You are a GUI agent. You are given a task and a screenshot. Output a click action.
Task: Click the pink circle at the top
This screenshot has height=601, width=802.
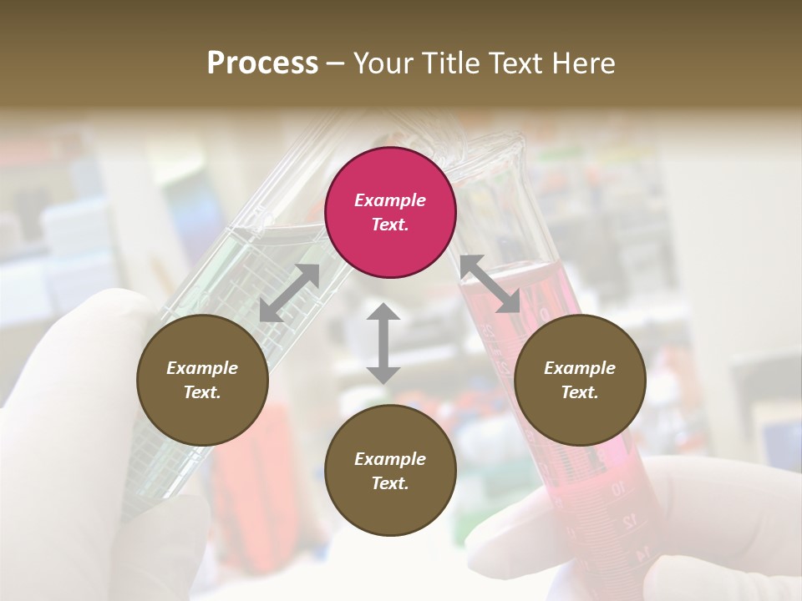point(390,212)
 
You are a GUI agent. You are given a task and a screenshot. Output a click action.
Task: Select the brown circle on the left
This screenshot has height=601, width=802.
point(202,380)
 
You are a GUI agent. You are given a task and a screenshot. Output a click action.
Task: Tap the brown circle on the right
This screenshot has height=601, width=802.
point(580,380)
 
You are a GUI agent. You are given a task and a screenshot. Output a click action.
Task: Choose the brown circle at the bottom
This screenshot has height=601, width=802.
point(390,471)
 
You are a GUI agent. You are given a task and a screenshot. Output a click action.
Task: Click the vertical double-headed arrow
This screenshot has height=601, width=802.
point(383,343)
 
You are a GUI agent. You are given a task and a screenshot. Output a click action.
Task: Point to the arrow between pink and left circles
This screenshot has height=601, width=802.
point(289,293)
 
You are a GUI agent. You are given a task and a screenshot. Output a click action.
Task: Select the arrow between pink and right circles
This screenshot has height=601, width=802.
point(490,284)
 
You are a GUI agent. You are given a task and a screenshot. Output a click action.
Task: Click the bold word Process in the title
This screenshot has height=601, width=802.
point(262,63)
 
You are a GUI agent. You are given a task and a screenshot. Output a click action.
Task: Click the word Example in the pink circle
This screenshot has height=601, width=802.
point(390,200)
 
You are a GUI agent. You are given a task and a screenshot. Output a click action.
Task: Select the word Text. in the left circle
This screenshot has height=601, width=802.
point(202,392)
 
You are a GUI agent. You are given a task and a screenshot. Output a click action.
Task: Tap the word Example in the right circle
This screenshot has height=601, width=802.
point(580,368)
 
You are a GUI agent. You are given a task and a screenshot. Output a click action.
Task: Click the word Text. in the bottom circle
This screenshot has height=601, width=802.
point(390,483)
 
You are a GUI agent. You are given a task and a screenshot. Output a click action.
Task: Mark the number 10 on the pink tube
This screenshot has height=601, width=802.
point(617,489)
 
